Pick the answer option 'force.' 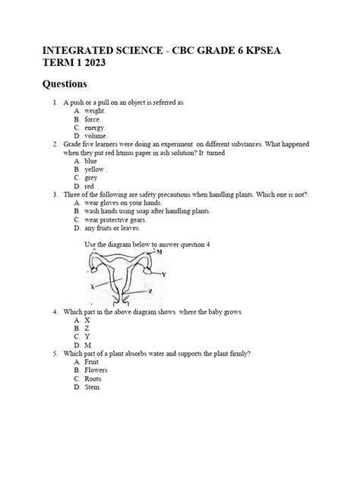pyautogui.click(x=93, y=120)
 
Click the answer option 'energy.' pyautogui.click(x=96, y=128)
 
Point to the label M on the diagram pyautogui.click(x=159, y=252)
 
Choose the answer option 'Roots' pyautogui.click(x=93, y=378)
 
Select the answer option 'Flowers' pyautogui.click(x=97, y=370)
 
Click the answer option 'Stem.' pyautogui.click(x=93, y=387)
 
